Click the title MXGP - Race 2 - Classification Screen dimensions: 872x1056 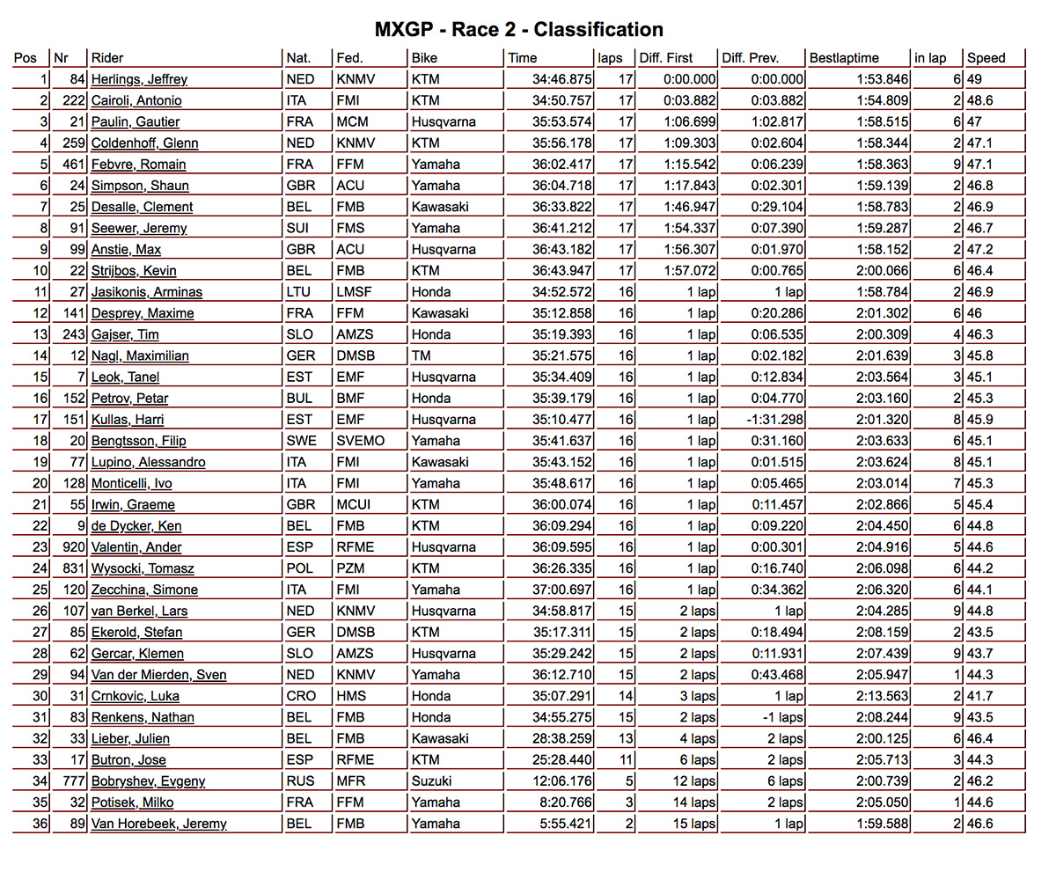(x=518, y=30)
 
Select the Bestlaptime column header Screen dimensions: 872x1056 (x=844, y=58)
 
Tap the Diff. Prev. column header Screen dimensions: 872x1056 (x=750, y=58)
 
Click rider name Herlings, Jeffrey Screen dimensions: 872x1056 (x=139, y=79)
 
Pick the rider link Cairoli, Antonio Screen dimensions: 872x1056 (x=136, y=100)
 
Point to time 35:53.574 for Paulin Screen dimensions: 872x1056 (x=561, y=121)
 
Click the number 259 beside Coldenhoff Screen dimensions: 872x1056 (x=73, y=143)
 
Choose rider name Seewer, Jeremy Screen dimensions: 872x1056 (x=139, y=228)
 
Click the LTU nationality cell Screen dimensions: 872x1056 (x=297, y=292)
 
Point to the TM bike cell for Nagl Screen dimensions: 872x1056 (x=421, y=355)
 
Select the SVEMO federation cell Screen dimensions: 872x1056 (x=360, y=441)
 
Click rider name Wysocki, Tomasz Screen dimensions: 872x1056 (x=143, y=568)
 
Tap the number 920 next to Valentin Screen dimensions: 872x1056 (x=73, y=547)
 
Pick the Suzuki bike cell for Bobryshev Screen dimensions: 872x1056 (x=432, y=781)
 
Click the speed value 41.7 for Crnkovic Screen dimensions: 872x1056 (x=982, y=696)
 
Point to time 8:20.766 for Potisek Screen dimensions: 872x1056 (x=565, y=802)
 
